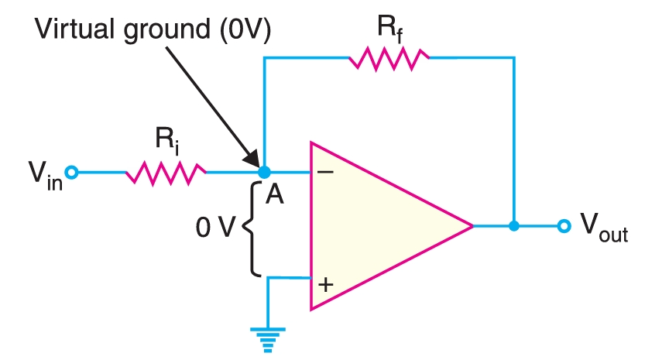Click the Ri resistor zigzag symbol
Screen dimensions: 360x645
coord(166,172)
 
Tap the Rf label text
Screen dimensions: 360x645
coord(388,26)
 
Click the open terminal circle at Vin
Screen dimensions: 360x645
coord(72,172)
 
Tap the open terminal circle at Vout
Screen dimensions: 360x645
coord(564,226)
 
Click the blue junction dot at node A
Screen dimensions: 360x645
coord(264,171)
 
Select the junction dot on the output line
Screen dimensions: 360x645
coord(513,226)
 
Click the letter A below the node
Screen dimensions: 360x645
coord(275,196)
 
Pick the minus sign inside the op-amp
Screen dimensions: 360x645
coord(326,172)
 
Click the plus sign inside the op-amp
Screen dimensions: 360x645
coord(326,284)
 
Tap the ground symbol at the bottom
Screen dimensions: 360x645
coord(267,338)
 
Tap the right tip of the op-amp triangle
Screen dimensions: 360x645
coord(472,226)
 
